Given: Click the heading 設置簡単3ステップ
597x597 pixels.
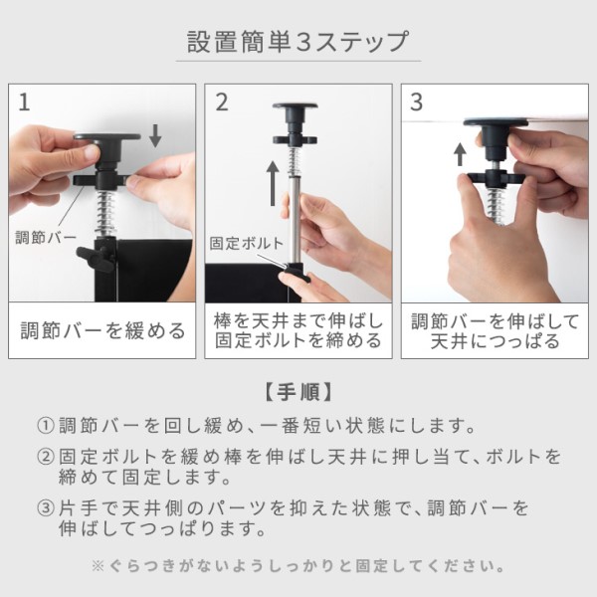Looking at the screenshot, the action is tap(298, 42).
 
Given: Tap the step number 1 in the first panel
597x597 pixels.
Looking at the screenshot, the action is tap(24, 102).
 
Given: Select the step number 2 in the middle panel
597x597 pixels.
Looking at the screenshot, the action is tap(222, 102).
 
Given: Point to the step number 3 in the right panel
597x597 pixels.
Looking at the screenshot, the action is tap(417, 102).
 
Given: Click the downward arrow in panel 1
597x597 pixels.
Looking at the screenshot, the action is tap(155, 136).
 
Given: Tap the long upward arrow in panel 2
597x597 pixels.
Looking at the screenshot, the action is tap(273, 183).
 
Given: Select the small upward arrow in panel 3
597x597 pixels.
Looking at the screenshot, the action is tap(461, 154).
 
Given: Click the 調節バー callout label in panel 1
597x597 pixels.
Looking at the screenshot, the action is tap(46, 237).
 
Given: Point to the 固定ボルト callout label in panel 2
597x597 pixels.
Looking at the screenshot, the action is tap(247, 244).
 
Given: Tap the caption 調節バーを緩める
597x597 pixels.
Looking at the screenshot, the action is tap(102, 330).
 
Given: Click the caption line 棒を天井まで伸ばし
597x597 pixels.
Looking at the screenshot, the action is tap(298, 321).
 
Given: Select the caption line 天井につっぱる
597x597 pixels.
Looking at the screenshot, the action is tap(495, 340).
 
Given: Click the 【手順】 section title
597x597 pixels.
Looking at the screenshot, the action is tap(298, 392).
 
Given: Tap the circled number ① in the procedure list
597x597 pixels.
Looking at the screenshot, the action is tap(46, 425).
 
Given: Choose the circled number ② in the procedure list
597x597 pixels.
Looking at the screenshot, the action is tap(46, 456).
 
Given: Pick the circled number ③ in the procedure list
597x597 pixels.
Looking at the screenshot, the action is tap(46, 507).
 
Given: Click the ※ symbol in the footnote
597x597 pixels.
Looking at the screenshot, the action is tap(98, 566).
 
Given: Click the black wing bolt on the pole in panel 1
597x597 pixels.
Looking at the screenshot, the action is tap(96, 258).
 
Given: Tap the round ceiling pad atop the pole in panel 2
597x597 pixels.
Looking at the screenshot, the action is tap(296, 106).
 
